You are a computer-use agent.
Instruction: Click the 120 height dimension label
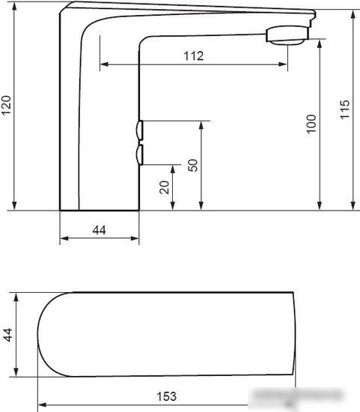pyautogui.click(x=6, y=106)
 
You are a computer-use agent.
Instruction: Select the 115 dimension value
pyautogui.click(x=345, y=109)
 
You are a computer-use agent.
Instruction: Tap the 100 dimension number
pyautogui.click(x=311, y=124)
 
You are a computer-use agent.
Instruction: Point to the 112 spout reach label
pyautogui.click(x=194, y=56)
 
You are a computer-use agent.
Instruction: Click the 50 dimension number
pyautogui.click(x=193, y=166)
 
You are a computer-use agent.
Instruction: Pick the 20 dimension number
pyautogui.click(x=165, y=187)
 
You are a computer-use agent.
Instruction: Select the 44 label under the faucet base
pyautogui.click(x=100, y=230)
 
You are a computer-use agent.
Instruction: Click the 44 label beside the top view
pyautogui.click(x=8, y=335)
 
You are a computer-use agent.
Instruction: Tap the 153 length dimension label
pyautogui.click(x=166, y=396)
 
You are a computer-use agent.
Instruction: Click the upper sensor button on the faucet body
pyautogui.click(x=139, y=130)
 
